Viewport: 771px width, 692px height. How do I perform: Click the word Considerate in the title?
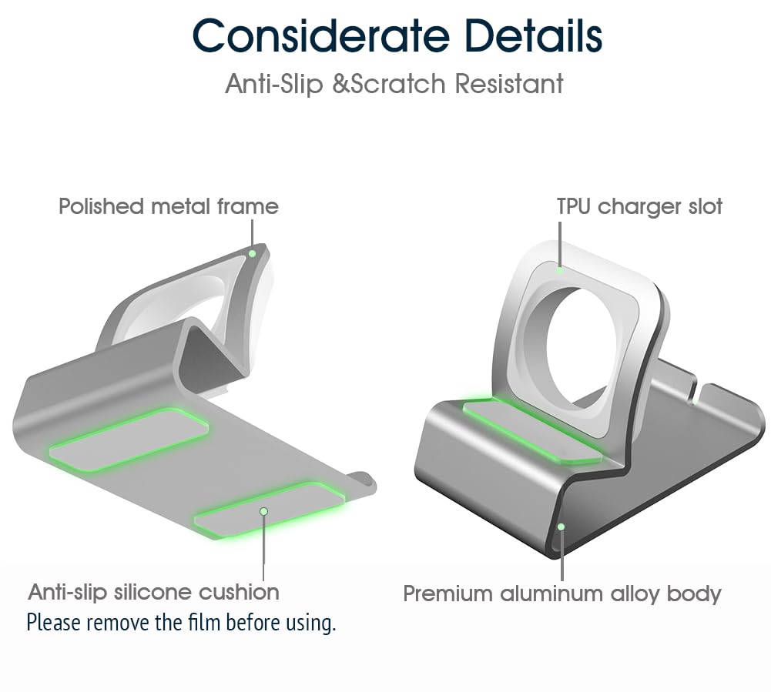point(321,36)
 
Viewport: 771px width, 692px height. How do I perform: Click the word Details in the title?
point(534,36)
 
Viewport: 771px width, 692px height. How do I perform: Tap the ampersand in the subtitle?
point(340,83)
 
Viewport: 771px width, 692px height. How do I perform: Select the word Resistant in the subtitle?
point(509,83)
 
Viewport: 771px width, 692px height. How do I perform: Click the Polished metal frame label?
point(169,206)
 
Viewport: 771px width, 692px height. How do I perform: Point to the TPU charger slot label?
point(639,206)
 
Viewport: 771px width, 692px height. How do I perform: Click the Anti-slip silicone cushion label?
point(153,592)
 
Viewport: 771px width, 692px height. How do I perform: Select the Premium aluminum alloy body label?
point(562,593)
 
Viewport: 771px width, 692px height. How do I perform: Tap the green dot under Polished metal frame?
point(252,253)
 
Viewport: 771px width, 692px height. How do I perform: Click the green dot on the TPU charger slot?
point(560,270)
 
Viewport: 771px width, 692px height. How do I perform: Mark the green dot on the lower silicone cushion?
point(263,511)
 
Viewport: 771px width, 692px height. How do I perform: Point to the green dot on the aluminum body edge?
point(561,527)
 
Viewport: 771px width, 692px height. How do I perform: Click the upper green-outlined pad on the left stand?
point(129,440)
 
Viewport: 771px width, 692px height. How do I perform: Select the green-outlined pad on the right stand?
point(532,432)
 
